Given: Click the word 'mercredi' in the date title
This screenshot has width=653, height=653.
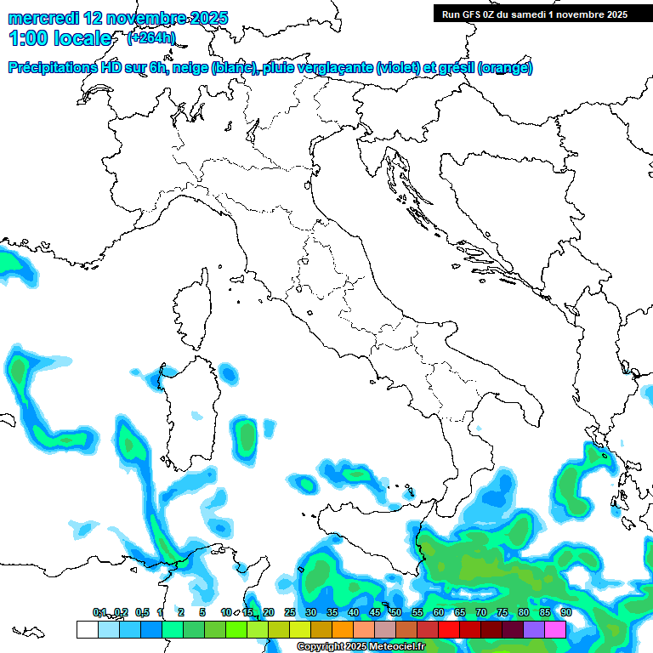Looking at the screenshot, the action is pyautogui.click(x=42, y=17).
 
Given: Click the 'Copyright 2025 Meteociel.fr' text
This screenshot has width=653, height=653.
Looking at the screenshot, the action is pyautogui.click(x=361, y=647).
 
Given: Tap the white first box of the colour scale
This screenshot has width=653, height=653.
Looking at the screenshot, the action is pyautogui.click(x=87, y=629).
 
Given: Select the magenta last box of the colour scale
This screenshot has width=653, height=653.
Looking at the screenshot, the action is pyautogui.click(x=555, y=629).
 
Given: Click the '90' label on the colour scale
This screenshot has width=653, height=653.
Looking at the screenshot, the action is pyautogui.click(x=566, y=612).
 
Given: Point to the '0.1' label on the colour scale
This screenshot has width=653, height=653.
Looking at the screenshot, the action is pyautogui.click(x=99, y=612).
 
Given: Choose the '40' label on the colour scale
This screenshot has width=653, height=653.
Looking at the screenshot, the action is pyautogui.click(x=353, y=612).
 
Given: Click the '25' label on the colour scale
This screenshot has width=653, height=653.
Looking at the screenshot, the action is pyautogui.click(x=289, y=612).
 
